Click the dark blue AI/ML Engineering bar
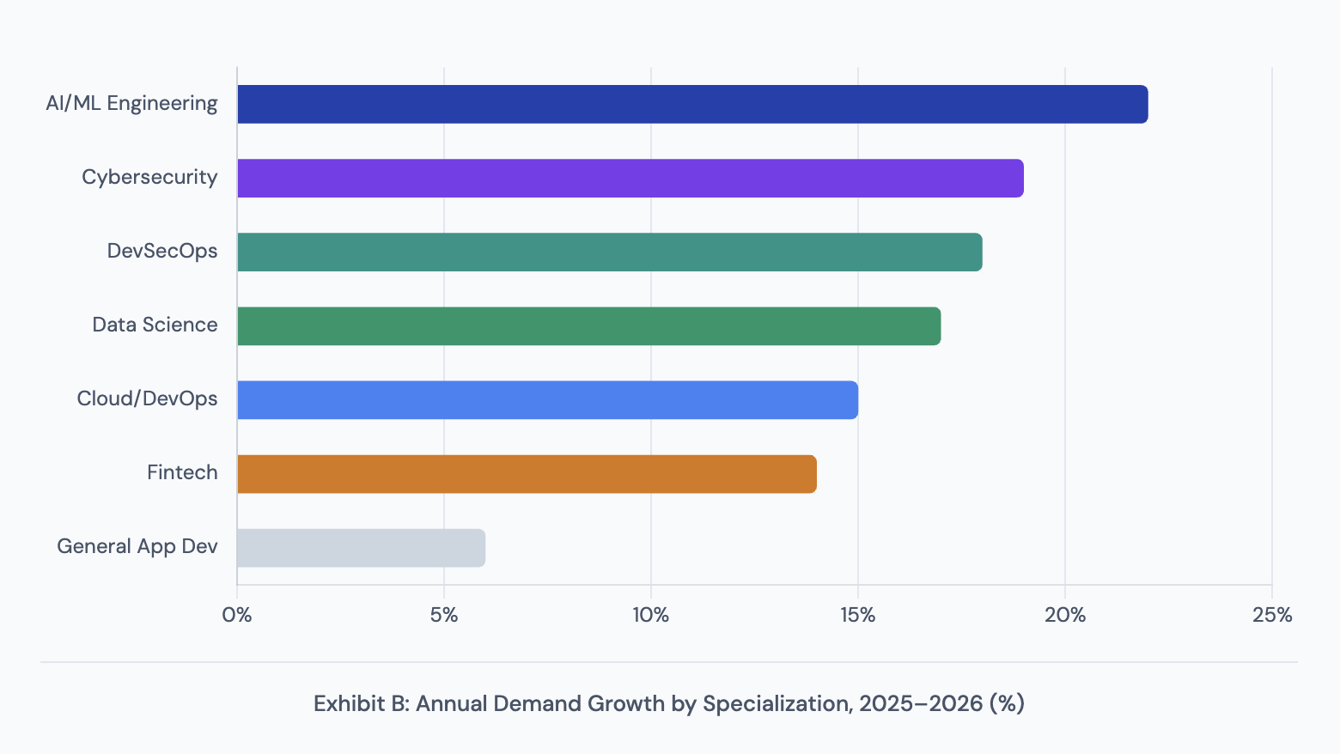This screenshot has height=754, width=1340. pyautogui.click(x=692, y=104)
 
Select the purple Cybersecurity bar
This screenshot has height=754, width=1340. pyautogui.click(x=630, y=178)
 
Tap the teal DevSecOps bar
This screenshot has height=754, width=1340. pyautogui.click(x=609, y=252)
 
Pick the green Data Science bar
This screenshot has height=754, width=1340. pyautogui.click(x=588, y=325)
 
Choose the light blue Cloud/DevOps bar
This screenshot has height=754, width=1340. pyautogui.click(x=547, y=399)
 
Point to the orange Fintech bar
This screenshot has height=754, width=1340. pyautogui.click(x=527, y=473)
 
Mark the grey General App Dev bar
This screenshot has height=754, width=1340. pyautogui.click(x=361, y=547)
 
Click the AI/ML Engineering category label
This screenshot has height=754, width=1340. pyautogui.click(x=131, y=104)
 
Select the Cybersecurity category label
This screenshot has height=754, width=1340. pyautogui.click(x=149, y=178)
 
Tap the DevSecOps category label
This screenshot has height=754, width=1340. pyautogui.click(x=162, y=252)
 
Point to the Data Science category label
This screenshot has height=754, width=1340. pyautogui.click(x=155, y=325)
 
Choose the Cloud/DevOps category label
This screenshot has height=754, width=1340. pyautogui.click(x=147, y=399)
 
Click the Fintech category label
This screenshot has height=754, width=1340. pyautogui.click(x=182, y=473)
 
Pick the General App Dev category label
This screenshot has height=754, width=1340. pyautogui.click(x=137, y=547)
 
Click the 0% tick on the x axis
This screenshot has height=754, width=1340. pyautogui.click(x=237, y=615)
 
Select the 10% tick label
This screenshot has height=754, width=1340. pyautogui.click(x=650, y=615)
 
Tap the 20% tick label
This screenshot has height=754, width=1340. pyautogui.click(x=1064, y=615)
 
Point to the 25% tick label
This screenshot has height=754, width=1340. pyautogui.click(x=1271, y=615)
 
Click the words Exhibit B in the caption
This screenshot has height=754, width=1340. pyautogui.click(x=360, y=704)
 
